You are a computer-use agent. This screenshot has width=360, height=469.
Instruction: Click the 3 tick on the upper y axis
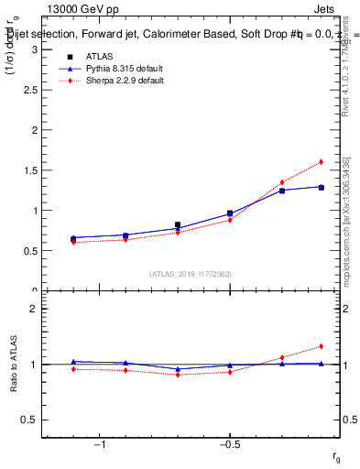click(32, 49)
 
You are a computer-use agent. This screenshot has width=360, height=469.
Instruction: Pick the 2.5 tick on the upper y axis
click(28, 89)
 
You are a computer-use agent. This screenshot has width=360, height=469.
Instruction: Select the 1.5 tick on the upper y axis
click(28, 169)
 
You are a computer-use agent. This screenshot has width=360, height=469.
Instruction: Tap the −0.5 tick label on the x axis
click(229, 446)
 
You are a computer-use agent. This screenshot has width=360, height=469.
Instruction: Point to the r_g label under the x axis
click(336, 455)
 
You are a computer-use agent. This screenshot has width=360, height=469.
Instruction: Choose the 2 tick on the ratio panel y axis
click(32, 309)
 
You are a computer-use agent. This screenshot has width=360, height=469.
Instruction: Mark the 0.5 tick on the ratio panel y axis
click(28, 420)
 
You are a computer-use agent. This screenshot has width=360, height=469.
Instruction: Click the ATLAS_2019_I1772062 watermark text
click(190, 274)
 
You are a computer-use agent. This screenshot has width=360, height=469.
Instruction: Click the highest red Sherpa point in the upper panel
click(322, 162)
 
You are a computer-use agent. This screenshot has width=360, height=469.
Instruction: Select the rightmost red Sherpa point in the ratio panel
click(322, 346)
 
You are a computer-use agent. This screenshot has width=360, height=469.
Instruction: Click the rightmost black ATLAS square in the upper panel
click(322, 187)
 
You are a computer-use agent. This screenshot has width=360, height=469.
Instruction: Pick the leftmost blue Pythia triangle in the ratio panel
click(73, 362)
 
